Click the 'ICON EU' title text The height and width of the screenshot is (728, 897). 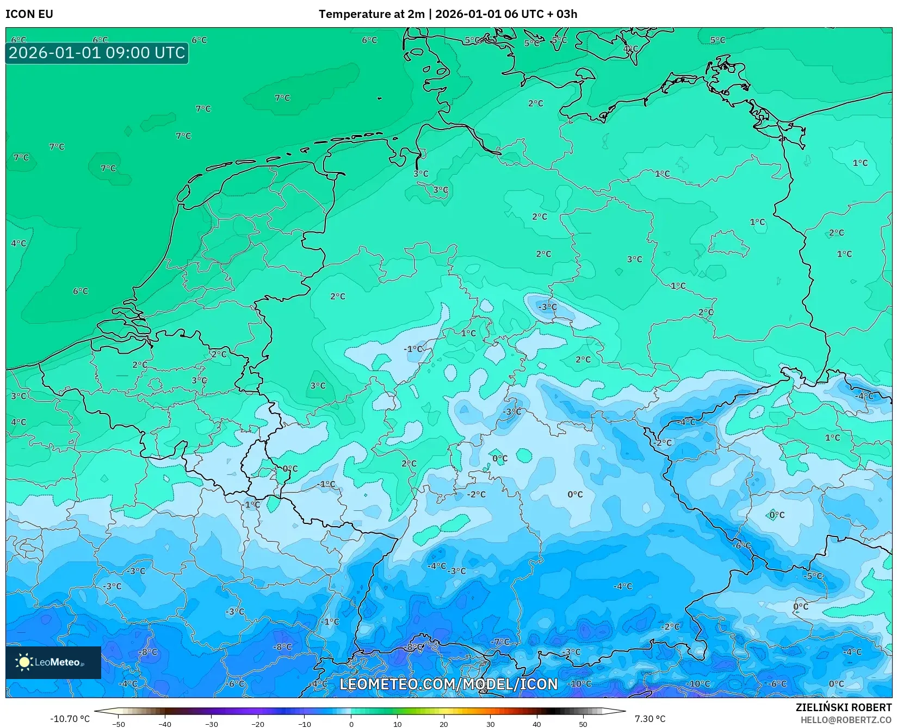click(x=29, y=14)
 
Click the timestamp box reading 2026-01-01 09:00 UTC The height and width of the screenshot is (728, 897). click(x=97, y=53)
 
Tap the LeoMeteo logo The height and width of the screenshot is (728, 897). click(x=53, y=662)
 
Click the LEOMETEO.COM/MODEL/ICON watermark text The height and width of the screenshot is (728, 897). click(x=449, y=684)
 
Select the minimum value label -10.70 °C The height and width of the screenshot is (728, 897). click(x=70, y=719)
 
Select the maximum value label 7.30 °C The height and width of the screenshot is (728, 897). click(x=649, y=719)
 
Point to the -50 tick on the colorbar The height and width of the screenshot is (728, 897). click(x=118, y=724)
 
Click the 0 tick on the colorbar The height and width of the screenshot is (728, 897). click(x=351, y=724)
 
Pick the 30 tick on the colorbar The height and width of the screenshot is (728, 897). click(x=491, y=724)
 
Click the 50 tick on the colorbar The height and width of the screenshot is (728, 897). click(x=583, y=724)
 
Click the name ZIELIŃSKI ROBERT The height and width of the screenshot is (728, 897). click(x=844, y=708)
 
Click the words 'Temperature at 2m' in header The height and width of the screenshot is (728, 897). click(x=372, y=14)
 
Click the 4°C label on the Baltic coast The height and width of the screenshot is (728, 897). click(x=630, y=49)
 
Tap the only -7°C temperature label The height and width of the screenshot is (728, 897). click(x=500, y=641)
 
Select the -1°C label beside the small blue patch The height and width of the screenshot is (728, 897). click(x=413, y=349)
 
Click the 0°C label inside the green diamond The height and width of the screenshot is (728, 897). click(x=777, y=515)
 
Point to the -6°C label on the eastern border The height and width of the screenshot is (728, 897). click(x=741, y=545)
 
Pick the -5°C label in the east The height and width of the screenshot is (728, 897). click(x=814, y=576)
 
